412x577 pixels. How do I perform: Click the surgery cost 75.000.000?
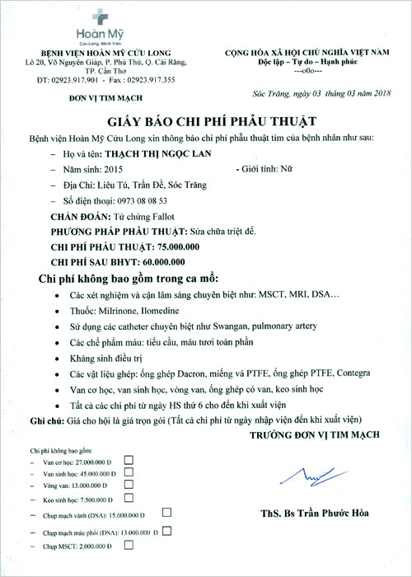click(x=175, y=247)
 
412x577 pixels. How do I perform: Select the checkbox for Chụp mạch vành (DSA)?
click(x=167, y=513)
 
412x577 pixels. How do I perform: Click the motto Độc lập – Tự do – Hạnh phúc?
click(x=307, y=62)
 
